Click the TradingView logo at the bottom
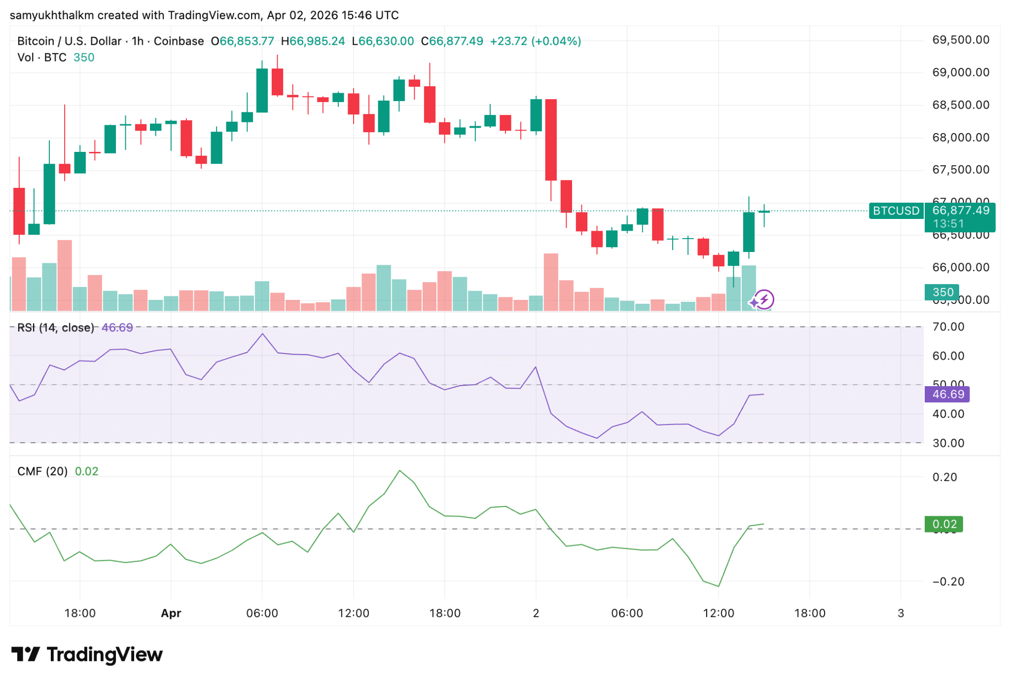[87, 654]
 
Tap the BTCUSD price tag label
[896, 211]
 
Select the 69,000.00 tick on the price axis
[960, 72]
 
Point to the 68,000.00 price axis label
[960, 138]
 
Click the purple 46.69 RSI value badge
[947, 395]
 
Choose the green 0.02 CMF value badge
[944, 524]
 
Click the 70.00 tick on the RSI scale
[948, 327]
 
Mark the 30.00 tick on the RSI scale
[948, 443]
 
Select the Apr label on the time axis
[171, 613]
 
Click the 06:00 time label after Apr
[262, 613]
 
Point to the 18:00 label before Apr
[80, 613]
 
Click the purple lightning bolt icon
[764, 299]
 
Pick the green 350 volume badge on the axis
[942, 292]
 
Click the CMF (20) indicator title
[42, 471]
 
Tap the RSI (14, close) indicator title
[55, 328]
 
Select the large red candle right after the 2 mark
[551, 140]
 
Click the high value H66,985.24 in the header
[313, 41]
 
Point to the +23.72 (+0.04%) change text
[535, 41]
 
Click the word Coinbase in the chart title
[179, 41]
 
